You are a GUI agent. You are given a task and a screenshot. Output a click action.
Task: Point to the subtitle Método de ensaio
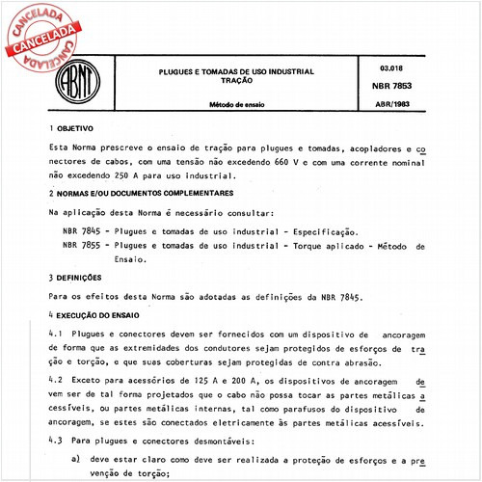click(x=241, y=103)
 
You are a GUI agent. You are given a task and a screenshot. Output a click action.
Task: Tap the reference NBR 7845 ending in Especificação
click(x=77, y=232)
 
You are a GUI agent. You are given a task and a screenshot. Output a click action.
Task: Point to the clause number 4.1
click(x=55, y=333)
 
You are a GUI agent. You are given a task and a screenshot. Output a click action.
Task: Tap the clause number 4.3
click(x=55, y=442)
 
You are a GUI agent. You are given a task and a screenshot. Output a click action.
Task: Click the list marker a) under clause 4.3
click(x=78, y=460)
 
